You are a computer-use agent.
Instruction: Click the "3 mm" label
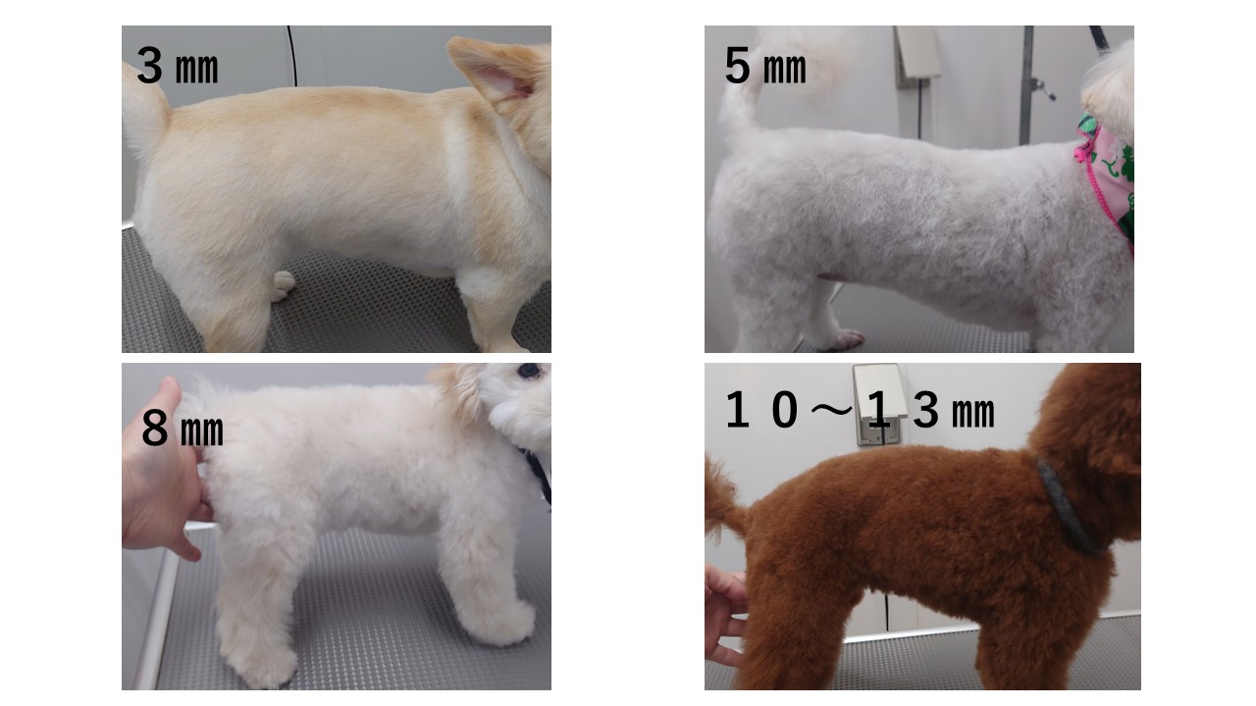click(178, 66)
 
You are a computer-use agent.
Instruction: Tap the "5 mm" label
click(765, 66)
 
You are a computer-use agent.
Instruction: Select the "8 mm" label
click(183, 429)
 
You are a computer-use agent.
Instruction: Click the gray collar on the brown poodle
click(1069, 507)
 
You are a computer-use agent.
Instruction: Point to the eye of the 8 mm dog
click(529, 371)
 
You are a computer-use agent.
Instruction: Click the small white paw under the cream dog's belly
click(284, 285)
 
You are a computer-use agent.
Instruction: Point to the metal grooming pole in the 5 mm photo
click(1027, 84)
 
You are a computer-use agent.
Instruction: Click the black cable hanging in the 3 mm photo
click(292, 56)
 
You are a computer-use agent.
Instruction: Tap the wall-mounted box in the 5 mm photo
click(917, 53)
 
